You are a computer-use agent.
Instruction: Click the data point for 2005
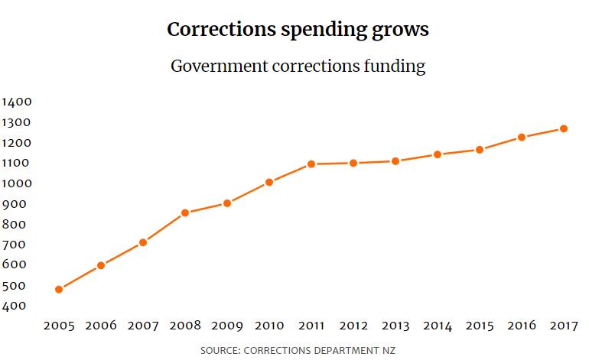(x=59, y=290)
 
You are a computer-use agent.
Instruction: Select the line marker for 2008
(x=185, y=212)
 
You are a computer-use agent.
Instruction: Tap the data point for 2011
(x=311, y=164)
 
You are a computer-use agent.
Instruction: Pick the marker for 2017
(x=563, y=128)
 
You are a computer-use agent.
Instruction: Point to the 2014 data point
(x=438, y=154)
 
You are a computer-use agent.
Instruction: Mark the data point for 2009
(x=227, y=203)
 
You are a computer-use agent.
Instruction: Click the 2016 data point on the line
(x=522, y=138)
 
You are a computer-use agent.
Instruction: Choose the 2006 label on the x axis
(x=100, y=326)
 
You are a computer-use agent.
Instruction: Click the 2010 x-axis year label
(x=268, y=326)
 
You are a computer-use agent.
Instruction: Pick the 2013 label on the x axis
(x=395, y=326)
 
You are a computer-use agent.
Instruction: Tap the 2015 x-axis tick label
(x=479, y=326)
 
